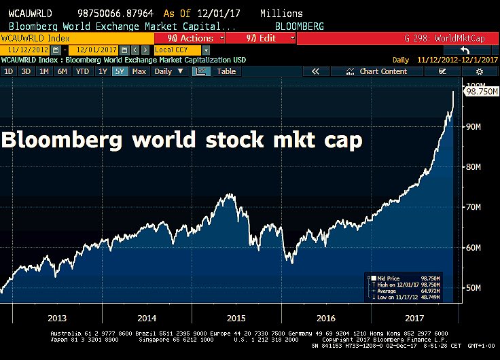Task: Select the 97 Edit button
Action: point(259,38)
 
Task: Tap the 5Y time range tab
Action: point(120,71)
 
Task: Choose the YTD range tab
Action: point(82,71)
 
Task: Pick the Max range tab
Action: point(139,71)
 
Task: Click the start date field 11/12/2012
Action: point(27,50)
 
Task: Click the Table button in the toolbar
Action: point(226,71)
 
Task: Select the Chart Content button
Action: point(382,71)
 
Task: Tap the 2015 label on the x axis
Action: point(235,318)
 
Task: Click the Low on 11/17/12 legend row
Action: point(404,296)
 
